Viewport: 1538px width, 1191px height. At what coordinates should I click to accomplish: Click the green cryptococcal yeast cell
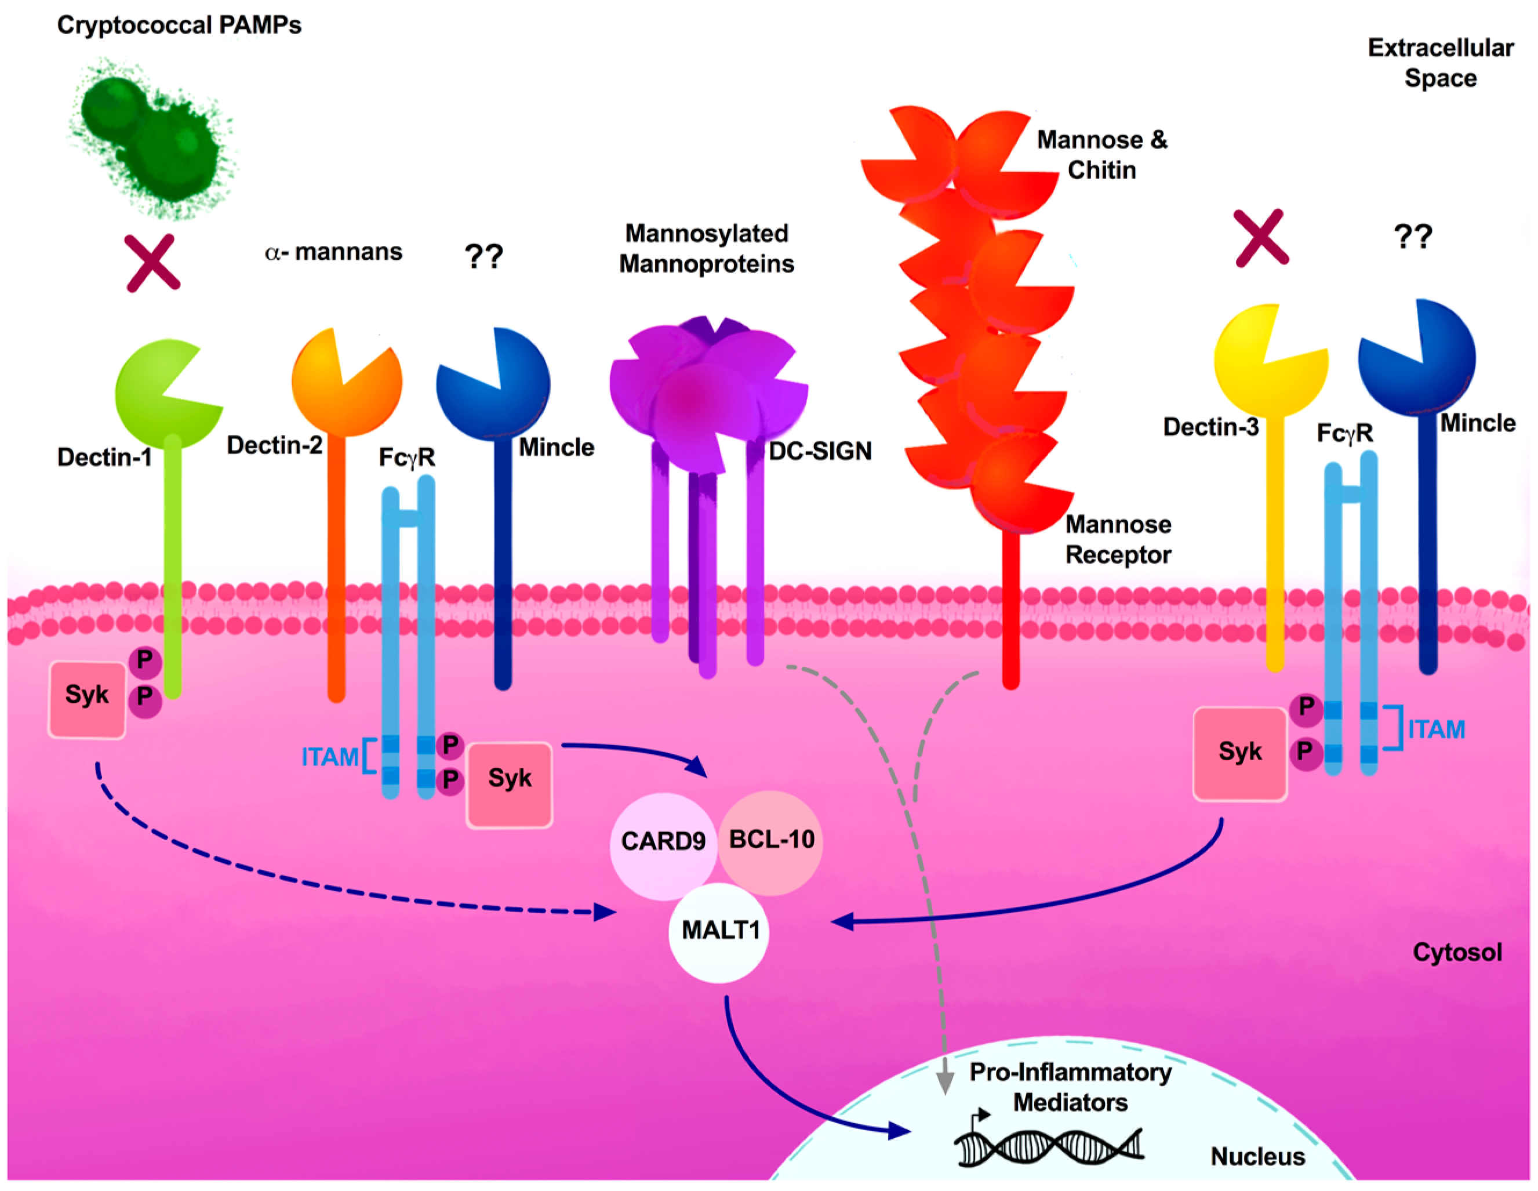(151, 138)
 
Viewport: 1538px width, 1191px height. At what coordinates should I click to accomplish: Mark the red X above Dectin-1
(153, 263)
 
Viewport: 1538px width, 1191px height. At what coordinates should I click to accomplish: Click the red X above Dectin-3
(1262, 238)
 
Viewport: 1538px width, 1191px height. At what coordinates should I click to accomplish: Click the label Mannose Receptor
(1118, 539)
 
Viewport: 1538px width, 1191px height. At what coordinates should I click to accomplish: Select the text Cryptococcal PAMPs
(179, 26)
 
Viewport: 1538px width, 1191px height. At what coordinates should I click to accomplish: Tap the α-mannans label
(333, 252)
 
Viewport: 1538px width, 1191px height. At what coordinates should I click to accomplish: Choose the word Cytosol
(1457, 952)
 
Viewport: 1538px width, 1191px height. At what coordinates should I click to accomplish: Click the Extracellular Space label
(1440, 63)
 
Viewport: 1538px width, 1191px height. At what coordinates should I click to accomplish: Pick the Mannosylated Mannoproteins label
(706, 249)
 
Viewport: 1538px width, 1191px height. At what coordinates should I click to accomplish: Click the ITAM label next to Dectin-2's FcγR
(329, 757)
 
